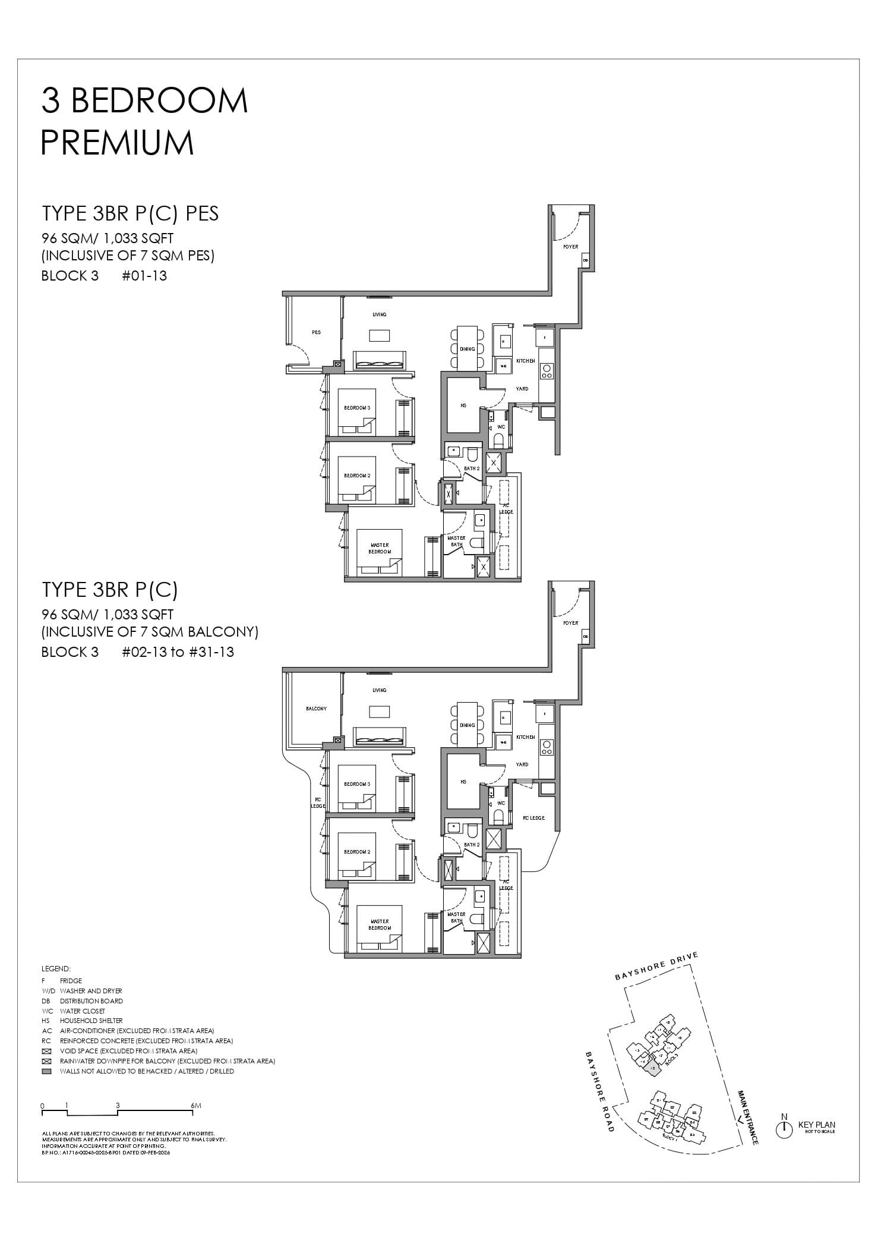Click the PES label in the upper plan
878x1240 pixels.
316,332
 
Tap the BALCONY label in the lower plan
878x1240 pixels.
316,709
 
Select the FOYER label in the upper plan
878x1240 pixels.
570,247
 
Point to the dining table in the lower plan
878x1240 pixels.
467,725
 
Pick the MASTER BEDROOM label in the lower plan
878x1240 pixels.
380,924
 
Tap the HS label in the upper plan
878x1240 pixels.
463,405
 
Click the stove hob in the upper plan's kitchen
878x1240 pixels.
547,371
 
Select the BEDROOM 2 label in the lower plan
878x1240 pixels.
357,852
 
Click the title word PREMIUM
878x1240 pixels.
118,143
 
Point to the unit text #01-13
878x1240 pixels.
144,276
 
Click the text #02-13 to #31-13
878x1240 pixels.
178,652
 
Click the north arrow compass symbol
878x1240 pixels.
784,1128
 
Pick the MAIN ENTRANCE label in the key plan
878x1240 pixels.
747,1117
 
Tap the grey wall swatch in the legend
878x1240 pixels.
47,1071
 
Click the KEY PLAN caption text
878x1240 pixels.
816,1125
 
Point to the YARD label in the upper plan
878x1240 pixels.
522,389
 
